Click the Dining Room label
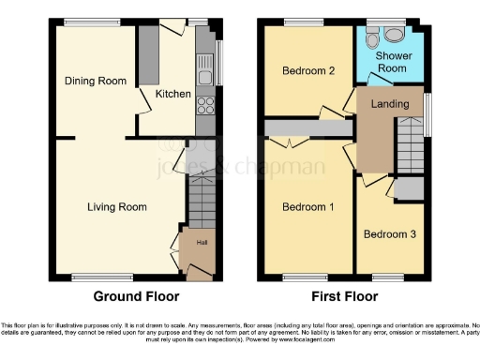(95, 82)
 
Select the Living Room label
(118, 207)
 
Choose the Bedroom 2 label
(307, 70)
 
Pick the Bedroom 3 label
(388, 233)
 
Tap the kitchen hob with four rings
(204, 105)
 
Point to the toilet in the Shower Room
(374, 38)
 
